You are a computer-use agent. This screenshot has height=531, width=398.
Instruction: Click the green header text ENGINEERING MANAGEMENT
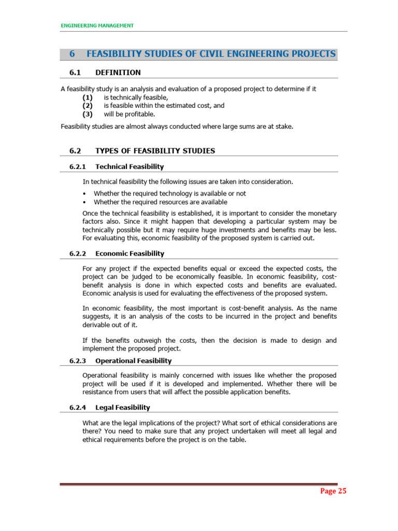[97, 25]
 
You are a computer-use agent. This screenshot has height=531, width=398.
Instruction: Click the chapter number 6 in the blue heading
[72, 54]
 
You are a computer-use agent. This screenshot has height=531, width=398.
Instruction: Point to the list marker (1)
[88, 97]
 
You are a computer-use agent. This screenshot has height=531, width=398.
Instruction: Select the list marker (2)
[88, 105]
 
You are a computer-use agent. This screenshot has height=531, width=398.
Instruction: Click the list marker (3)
[88, 114]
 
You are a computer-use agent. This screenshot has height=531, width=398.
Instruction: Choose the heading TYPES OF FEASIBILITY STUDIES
[155, 151]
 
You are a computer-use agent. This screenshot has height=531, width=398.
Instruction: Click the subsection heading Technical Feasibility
[130, 166]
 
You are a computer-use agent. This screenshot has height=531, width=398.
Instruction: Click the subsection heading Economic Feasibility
[130, 254]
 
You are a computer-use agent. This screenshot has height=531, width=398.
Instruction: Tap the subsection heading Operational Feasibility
[133, 360]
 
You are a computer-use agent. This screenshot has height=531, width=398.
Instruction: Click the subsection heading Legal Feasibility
[123, 408]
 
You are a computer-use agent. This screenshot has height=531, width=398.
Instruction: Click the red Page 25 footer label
[333, 492]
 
